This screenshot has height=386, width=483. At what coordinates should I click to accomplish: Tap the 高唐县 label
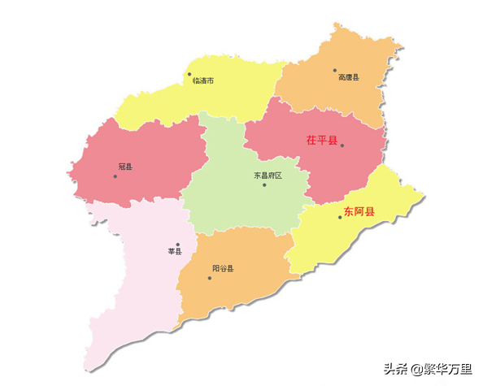348,78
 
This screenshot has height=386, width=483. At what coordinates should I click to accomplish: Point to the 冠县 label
124,167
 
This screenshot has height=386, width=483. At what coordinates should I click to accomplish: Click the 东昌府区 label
267,175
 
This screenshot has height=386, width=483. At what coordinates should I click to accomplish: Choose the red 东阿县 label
359,212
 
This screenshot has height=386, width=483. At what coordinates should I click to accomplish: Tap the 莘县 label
174,252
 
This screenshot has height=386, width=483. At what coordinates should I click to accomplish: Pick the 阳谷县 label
222,268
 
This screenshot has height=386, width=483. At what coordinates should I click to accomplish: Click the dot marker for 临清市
189,74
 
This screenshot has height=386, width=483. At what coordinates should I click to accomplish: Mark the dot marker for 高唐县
334,71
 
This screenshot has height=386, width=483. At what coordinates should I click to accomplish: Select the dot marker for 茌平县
342,146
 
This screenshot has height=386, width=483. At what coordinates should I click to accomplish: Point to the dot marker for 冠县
115,176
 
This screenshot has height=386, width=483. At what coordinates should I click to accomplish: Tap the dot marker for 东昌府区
264,184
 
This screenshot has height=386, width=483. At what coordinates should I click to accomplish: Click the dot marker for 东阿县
340,216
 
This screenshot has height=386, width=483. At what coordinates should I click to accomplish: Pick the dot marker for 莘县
177,244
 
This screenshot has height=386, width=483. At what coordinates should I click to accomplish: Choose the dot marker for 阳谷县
209,278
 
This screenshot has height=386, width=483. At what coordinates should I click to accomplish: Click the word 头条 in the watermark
396,371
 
